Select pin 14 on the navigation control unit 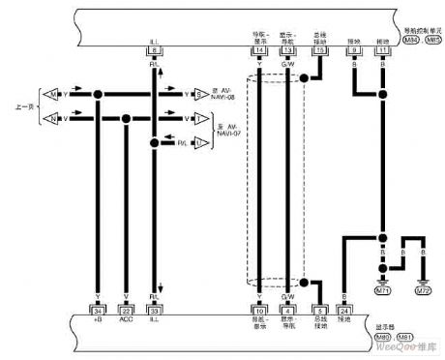coord(259,52)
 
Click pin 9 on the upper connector coord(354,52)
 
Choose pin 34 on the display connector coord(98,311)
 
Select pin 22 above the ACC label coord(126,311)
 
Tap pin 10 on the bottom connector coord(259,311)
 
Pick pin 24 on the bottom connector coord(345,311)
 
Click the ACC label coord(126,320)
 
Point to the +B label coord(98,320)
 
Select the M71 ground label coord(383,290)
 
